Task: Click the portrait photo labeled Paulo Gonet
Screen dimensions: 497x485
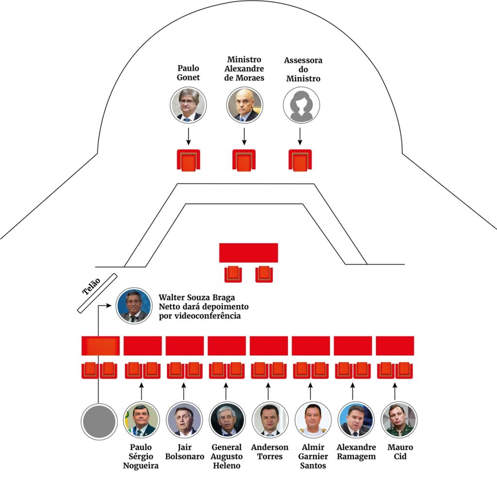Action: coord(188,105)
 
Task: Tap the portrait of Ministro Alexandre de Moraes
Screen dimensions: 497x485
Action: coord(244,105)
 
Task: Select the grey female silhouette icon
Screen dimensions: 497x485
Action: coord(301,105)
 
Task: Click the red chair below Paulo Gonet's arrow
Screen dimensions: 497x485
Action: coord(188,160)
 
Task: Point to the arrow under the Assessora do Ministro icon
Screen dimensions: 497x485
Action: coord(300,136)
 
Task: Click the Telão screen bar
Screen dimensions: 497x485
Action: coord(97,293)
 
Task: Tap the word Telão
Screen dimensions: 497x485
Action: coord(91,286)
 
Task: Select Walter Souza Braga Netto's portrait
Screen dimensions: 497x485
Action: coord(134,305)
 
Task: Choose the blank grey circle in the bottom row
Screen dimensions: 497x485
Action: coord(99,421)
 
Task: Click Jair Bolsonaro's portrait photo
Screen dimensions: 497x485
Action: coord(184,419)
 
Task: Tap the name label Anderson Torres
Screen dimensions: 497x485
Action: coord(270,452)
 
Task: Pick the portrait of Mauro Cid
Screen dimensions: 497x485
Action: coord(399,419)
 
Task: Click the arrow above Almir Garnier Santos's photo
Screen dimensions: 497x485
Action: coord(310,391)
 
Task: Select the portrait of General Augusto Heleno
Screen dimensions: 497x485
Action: coord(227,419)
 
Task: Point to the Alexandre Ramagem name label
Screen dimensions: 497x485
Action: coord(356,452)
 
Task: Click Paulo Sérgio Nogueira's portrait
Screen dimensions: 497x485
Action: coord(141,419)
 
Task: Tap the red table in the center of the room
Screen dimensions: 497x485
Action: coord(248,252)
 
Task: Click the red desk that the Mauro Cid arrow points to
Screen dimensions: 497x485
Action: coord(395,346)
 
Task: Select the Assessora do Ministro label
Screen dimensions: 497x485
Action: coord(303,69)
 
